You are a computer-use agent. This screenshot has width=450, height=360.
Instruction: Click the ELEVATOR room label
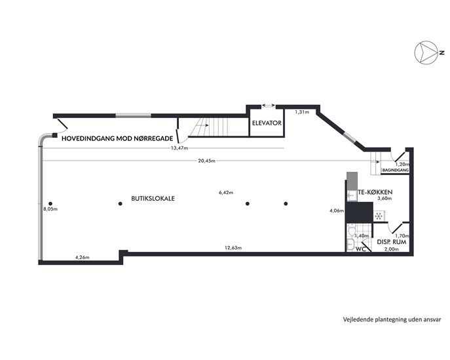267,123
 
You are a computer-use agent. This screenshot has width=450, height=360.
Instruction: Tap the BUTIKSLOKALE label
153,198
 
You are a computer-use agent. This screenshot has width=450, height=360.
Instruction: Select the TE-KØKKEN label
375,192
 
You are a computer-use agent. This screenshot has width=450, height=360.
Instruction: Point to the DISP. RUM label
392,242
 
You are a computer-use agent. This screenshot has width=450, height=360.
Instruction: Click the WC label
361,249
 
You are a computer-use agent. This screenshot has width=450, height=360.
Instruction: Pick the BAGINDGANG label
396,170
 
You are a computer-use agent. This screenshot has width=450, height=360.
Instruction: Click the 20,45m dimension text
206,161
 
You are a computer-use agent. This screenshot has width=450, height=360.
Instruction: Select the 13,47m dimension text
179,148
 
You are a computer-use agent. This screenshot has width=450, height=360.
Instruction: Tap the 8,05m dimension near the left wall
50,209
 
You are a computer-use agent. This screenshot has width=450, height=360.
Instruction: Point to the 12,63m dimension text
233,248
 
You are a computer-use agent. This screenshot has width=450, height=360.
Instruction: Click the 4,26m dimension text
83,258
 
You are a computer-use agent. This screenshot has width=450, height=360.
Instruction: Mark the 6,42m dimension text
226,193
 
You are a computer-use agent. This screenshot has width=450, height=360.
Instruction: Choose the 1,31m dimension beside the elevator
302,112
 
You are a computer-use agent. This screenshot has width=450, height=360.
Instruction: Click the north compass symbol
426,52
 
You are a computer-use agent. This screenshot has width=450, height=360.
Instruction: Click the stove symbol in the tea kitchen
379,216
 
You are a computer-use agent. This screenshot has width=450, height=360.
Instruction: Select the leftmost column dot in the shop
50,204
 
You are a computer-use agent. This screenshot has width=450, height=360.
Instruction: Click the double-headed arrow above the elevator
269,106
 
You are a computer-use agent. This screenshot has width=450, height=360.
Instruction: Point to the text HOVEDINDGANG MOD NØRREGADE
117,138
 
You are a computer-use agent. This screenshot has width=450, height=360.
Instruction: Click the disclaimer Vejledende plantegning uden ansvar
392,319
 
